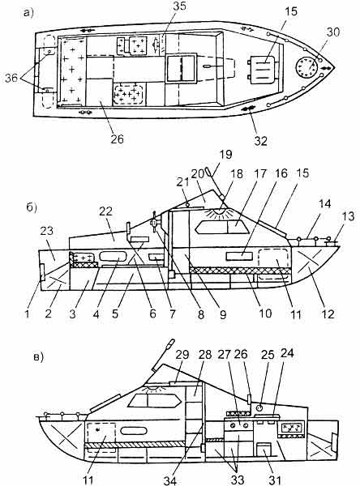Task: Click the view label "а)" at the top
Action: pos(28,13)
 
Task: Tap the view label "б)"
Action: pos(32,207)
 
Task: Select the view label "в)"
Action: pos(38,357)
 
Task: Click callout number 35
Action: pos(178,6)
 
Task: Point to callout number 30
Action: pos(332,32)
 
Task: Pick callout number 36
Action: pos(11,78)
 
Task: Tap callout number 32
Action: pos(260,141)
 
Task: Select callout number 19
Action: pos(225,155)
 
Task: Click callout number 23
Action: pos(46,231)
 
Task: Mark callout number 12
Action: pos(328,314)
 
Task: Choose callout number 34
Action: pos(170,480)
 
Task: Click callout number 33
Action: pos(238,480)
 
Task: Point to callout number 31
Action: pos(275,480)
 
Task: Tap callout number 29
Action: pos(182,354)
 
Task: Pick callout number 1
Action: pos(28,314)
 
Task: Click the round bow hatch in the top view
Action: pos(307,68)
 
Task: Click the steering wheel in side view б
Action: pos(154,223)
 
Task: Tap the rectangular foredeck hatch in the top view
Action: pos(262,67)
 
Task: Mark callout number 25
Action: pos(268,354)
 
